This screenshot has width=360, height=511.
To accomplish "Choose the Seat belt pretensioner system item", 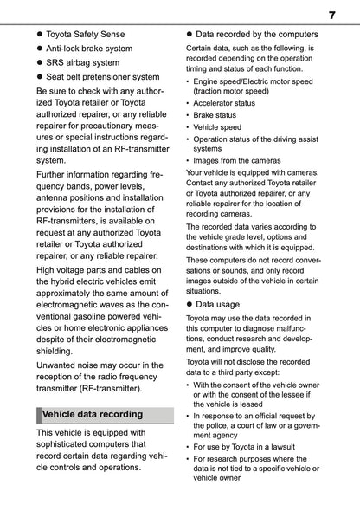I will point(102,76).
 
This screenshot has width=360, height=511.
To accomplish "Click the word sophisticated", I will point(71,443).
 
